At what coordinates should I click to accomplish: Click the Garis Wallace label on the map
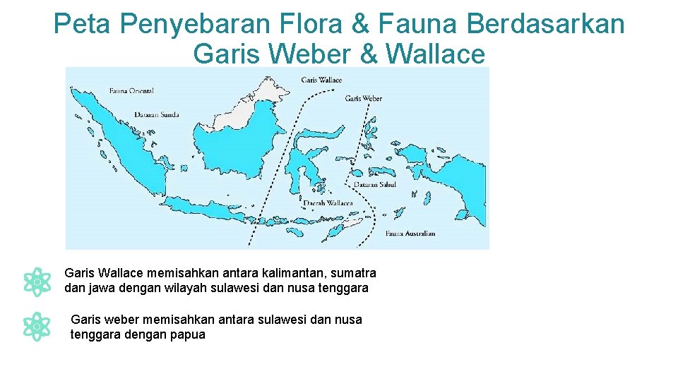point(321,80)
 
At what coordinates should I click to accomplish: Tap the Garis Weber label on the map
point(363,98)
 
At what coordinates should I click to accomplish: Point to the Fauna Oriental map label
point(131,90)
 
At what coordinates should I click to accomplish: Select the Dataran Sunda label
point(156,114)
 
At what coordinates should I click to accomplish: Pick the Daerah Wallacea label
point(327,203)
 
